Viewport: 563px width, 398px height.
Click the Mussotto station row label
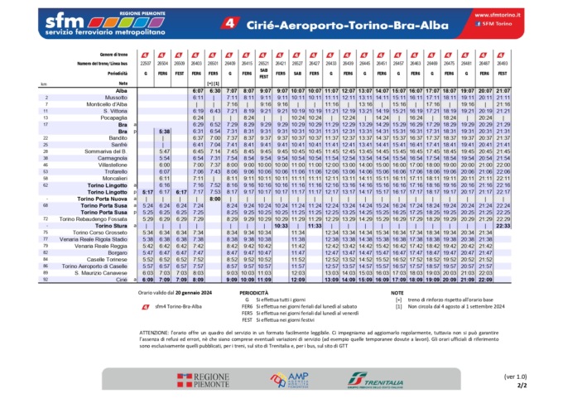(x=103, y=97)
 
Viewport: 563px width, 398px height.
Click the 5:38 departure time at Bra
(x=164, y=131)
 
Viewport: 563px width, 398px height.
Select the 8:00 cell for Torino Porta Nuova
(x=214, y=198)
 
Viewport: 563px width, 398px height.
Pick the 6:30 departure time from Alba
(x=214, y=90)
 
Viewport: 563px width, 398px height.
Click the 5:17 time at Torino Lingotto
(x=147, y=191)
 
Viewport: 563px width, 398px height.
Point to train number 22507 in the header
(x=147, y=62)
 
